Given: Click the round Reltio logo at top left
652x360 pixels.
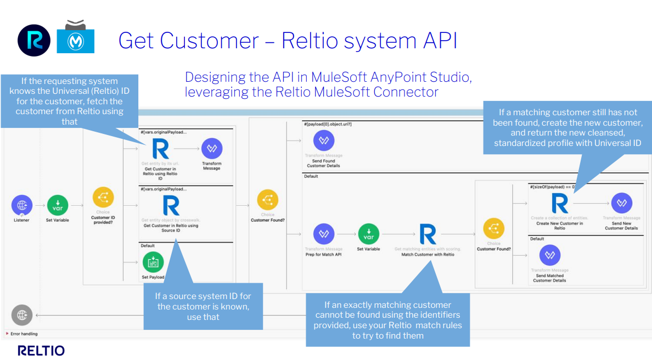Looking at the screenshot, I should point(33,40).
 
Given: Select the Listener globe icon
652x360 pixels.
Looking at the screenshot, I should point(22,206).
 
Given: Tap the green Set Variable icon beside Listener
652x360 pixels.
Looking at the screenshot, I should point(58,206).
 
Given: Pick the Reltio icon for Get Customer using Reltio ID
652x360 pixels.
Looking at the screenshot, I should point(160,149).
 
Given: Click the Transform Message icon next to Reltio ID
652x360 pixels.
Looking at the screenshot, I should point(212,149).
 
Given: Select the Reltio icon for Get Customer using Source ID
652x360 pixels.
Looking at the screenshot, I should point(171,206).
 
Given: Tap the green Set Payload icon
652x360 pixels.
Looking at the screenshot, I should point(153,262).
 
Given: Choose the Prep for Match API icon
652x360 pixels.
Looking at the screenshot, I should point(324,234).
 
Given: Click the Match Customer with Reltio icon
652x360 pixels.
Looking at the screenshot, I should point(428,234).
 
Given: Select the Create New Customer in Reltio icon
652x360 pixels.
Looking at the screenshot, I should point(559,204).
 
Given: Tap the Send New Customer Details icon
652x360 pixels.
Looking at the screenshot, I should point(621,203).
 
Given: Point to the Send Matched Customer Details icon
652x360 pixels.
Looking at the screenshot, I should point(549,256).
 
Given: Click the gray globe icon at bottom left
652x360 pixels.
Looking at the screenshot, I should point(22,315).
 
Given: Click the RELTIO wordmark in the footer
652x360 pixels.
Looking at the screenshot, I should point(41,351).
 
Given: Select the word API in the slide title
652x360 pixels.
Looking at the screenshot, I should point(437,41).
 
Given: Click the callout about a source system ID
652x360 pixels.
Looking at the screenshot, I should point(203,306).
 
